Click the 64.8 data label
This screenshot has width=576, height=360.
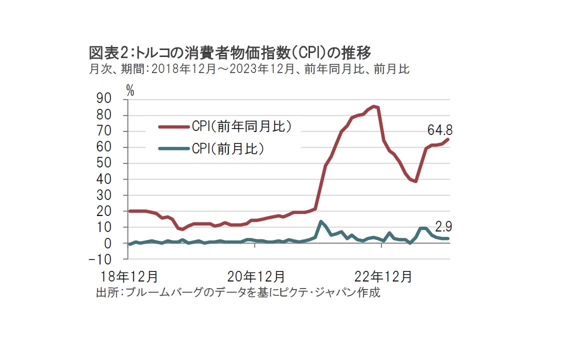439,130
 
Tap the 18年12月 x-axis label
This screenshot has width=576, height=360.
127,276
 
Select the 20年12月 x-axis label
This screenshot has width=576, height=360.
256,276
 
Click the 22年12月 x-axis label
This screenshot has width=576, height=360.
384,276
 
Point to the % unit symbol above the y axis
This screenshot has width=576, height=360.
130,90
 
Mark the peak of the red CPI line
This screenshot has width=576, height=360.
374,106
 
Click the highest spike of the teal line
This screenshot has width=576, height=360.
320,221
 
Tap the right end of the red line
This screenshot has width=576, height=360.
448,139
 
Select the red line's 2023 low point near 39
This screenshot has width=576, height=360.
415,181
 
